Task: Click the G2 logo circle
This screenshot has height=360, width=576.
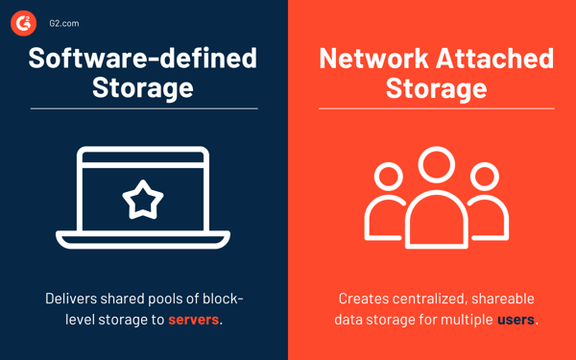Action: [23, 23]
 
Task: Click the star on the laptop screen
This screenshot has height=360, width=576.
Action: [143, 199]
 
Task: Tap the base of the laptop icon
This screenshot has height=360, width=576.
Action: [143, 240]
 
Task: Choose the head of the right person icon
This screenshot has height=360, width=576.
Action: [485, 178]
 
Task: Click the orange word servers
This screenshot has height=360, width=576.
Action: [194, 319]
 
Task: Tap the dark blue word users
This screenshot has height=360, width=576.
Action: [516, 319]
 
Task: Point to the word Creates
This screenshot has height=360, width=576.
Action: [365, 299]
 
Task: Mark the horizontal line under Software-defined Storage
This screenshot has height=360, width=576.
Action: [143, 108]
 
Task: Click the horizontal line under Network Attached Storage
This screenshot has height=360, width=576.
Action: [436, 108]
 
